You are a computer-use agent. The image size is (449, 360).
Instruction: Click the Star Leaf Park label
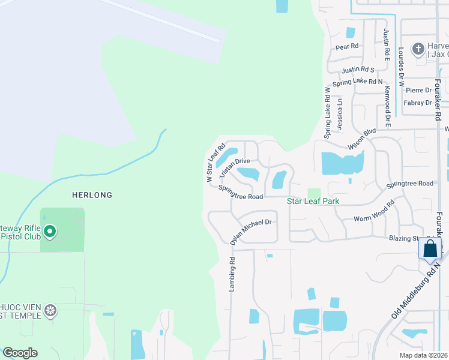[x=313, y=202]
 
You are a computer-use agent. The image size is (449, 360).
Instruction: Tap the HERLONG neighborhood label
[x=92, y=195]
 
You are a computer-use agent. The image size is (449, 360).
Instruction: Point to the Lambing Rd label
[x=232, y=275]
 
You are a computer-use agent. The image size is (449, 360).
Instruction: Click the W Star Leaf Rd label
[x=215, y=163]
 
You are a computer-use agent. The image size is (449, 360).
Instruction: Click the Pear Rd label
[x=347, y=46]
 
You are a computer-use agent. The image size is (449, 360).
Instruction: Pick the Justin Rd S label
[x=358, y=70]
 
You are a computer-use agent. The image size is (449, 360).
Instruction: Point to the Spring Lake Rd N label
[x=358, y=81]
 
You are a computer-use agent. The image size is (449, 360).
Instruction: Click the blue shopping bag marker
[x=430, y=248]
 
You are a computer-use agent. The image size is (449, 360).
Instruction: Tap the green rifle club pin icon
[x=50, y=230]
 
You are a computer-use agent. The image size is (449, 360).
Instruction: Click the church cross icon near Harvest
[x=418, y=47]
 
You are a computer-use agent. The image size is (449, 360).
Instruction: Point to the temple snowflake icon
[x=51, y=310]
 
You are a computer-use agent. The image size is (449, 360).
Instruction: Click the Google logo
[x=20, y=353]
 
